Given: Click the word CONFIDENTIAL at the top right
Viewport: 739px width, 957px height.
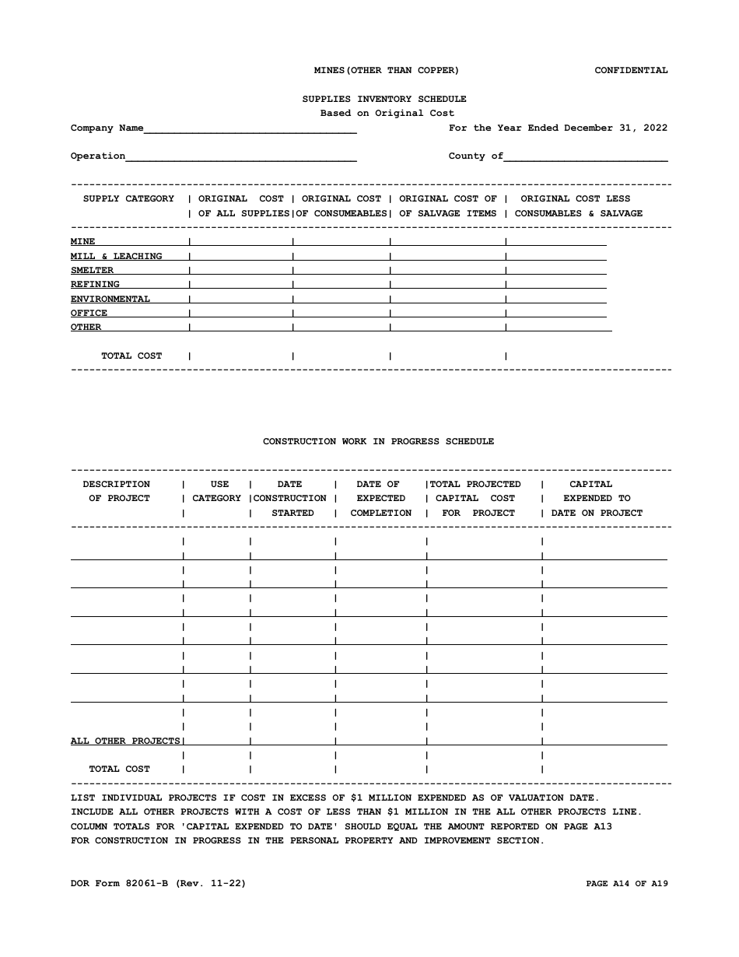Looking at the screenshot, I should coord(631,70).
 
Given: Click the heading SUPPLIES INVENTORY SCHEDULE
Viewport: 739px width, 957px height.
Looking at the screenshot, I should coord(384,99).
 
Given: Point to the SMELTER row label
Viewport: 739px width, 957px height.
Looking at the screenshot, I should coord(92,271).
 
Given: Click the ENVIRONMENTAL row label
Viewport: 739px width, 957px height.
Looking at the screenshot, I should coord(110,300).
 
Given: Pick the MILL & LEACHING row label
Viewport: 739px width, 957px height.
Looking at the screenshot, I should coord(117,257).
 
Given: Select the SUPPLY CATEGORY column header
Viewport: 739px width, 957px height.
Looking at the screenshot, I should coord(128,199).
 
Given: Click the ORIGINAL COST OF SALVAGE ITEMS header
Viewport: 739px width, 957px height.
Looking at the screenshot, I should coord(447,206).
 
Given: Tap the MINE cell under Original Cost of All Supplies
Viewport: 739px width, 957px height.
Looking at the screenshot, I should coord(240,242).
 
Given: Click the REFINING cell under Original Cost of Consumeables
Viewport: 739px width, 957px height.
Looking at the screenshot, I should coord(340,285).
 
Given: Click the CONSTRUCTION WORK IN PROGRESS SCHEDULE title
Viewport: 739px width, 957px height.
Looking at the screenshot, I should coord(378,441).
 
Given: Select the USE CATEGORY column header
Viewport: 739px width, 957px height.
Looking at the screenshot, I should coord(217,491).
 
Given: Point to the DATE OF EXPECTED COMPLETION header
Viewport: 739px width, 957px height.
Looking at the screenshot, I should coord(380,498).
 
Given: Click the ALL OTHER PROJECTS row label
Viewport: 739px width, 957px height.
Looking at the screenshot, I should coord(125,741).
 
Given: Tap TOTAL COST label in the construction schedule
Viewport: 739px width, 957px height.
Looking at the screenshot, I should coord(119,769).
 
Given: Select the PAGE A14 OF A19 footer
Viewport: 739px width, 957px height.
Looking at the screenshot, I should coord(626,883).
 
